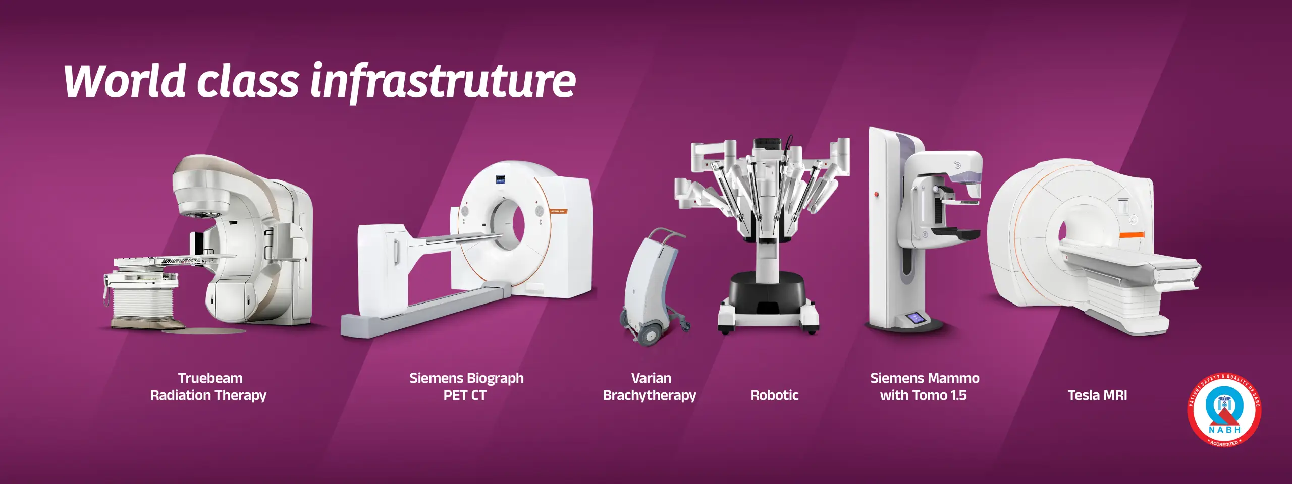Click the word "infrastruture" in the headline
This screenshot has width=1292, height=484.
pyautogui.click(x=443, y=81)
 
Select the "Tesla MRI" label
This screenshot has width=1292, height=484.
pyautogui.click(x=1097, y=395)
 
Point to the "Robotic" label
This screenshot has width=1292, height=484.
pyautogui.click(x=775, y=395)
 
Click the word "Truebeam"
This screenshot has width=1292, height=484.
pyautogui.click(x=210, y=378)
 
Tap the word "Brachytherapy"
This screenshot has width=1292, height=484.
pyautogui.click(x=650, y=396)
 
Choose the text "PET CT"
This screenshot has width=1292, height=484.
pyautogui.click(x=465, y=395)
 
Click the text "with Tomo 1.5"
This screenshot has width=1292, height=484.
pyautogui.click(x=923, y=395)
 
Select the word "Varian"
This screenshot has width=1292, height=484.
pyautogui.click(x=651, y=378)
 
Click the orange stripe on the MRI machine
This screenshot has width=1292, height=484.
pyautogui.click(x=1132, y=235)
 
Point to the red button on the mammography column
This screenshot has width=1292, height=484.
pyautogui.click(x=877, y=194)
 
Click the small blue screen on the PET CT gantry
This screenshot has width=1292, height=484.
pyautogui.click(x=501, y=178)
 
